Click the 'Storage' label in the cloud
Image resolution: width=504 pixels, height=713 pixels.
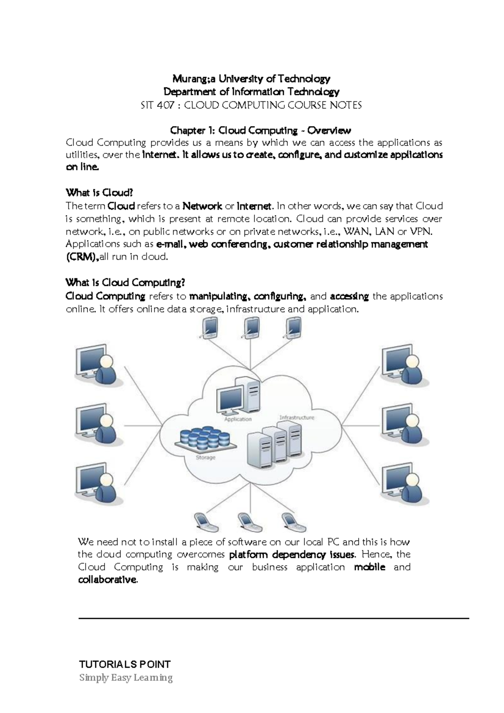click(205, 457)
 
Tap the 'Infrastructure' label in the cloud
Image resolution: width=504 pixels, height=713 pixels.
click(297, 417)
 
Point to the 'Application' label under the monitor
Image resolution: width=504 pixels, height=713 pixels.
click(238, 419)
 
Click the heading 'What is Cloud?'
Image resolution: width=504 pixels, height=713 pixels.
click(99, 193)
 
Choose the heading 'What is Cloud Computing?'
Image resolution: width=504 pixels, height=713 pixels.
click(125, 282)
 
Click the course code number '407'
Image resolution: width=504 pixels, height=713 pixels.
click(168, 105)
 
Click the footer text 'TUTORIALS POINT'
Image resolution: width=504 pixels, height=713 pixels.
click(125, 664)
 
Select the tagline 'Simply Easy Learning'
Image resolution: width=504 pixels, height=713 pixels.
click(126, 678)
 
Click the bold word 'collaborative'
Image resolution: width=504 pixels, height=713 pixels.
click(107, 580)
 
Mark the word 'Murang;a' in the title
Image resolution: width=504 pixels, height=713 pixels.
click(192, 79)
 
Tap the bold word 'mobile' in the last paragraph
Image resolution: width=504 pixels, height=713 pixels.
click(370, 567)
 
